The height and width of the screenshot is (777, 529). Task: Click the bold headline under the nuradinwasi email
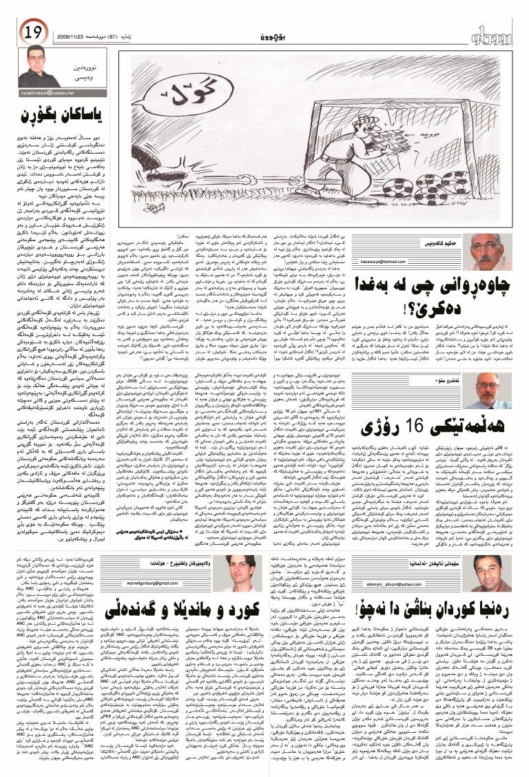48,112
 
